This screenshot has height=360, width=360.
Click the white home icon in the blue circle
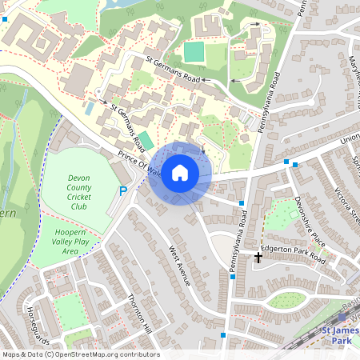click(x=180, y=173)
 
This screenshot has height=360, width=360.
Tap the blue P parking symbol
click(x=122, y=191)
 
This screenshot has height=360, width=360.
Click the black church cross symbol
click(x=258, y=258)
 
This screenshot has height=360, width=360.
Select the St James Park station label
click(x=340, y=335)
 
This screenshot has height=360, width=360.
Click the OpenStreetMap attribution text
click(x=80, y=354)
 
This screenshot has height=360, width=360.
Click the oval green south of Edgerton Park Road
click(x=286, y=300)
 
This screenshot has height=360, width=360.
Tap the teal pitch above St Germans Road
click(x=194, y=52)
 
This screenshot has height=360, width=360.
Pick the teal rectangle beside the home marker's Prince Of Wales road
click(x=145, y=139)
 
